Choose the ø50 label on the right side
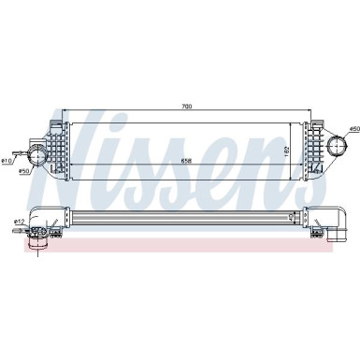pos(354,127)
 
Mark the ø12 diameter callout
pos(7,221)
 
